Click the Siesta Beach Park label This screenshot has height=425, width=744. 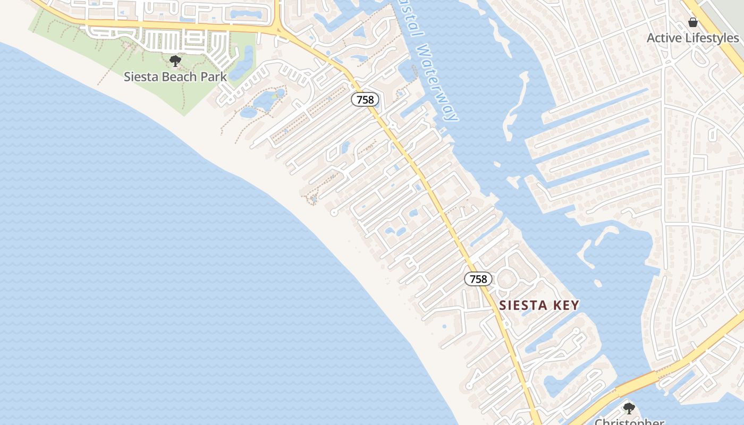coord(175,76)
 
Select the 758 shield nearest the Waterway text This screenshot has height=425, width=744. coord(365,99)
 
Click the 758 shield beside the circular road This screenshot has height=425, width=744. coord(478,279)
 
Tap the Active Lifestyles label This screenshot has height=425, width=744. coord(692,38)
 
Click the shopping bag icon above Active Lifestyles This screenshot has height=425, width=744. coord(692,22)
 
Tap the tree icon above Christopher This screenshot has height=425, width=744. coord(629,409)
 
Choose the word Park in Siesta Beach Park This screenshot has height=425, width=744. coord(214,76)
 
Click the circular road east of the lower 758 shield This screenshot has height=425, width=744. coord(507,278)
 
